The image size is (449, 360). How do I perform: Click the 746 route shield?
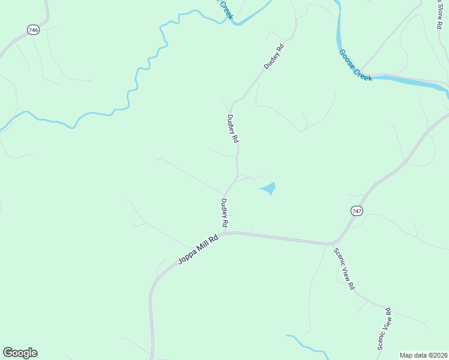34,30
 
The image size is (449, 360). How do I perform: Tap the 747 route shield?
357,211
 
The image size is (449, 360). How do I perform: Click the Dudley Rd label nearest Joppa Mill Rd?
224,213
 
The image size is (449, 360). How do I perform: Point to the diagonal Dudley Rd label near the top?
273,55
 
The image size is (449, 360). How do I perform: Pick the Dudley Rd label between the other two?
233,128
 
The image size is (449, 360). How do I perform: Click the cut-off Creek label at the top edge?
224,8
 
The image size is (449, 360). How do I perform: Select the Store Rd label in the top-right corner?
439,13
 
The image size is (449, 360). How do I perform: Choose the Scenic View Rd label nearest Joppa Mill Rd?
344,269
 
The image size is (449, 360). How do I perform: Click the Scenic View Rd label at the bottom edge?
385,328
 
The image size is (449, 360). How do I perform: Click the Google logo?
20,353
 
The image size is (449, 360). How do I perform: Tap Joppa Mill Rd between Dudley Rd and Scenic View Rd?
276,238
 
